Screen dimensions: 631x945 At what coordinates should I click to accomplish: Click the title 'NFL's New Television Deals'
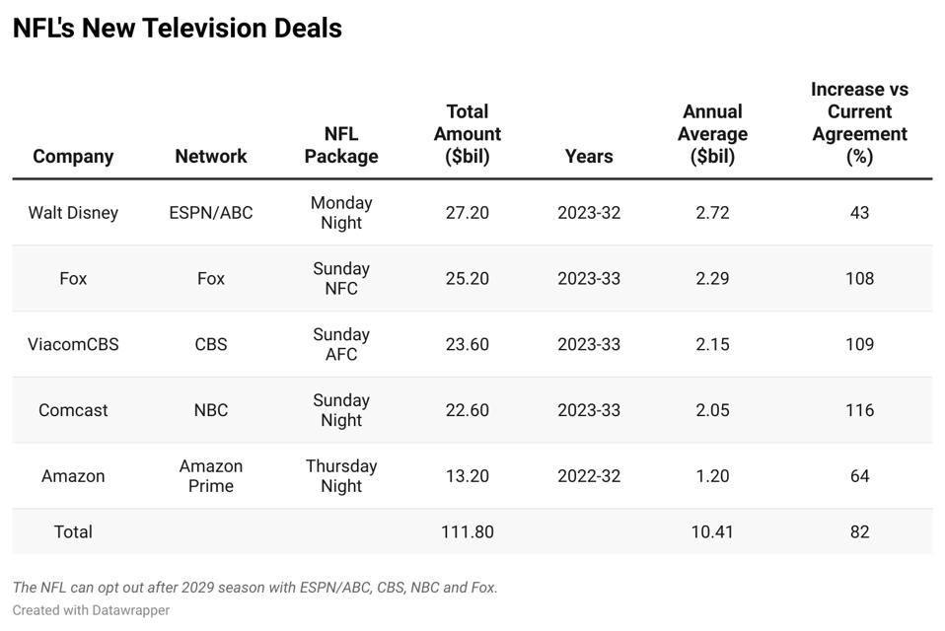(x=178, y=29)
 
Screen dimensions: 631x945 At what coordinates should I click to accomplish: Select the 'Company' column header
(x=73, y=156)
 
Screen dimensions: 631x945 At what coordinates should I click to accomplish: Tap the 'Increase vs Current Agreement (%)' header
(x=859, y=122)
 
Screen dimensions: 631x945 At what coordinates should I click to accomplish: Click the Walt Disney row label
(x=73, y=212)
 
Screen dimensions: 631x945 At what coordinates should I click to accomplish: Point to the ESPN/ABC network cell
(x=210, y=212)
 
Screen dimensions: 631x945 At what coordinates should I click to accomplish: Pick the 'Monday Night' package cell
(x=341, y=212)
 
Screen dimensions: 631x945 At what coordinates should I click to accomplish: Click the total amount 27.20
(x=467, y=212)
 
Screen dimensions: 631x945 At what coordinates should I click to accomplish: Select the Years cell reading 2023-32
(x=589, y=212)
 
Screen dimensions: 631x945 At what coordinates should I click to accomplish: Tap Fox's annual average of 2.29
(x=712, y=278)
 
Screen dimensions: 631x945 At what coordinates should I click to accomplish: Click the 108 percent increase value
(x=859, y=278)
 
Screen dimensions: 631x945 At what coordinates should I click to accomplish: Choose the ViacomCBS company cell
(x=73, y=344)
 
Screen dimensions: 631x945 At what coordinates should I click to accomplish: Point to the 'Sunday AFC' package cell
(x=341, y=344)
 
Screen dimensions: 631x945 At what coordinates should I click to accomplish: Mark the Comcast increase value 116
(x=859, y=410)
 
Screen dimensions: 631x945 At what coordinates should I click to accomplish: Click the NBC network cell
(x=210, y=410)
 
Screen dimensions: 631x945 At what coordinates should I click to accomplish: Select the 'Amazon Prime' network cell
(x=210, y=475)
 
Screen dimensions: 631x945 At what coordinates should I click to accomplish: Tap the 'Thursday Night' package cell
(x=341, y=475)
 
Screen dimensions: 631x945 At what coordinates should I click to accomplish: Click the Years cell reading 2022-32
(x=589, y=475)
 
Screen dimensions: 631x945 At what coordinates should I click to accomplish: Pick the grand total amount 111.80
(x=467, y=531)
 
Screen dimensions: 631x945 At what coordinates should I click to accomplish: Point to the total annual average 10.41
(x=712, y=531)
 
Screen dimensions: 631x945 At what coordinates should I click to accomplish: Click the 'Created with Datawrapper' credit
(x=91, y=610)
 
